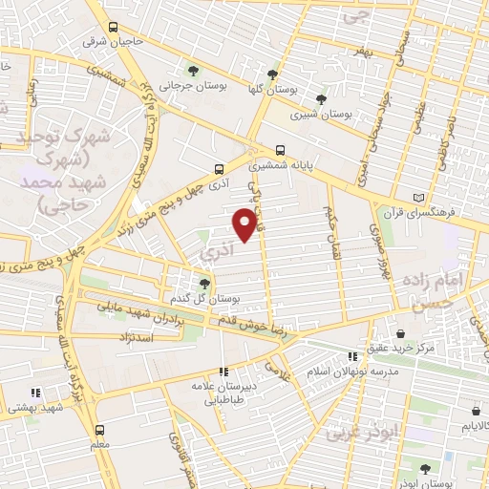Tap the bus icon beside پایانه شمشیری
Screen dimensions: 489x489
pos(280,150)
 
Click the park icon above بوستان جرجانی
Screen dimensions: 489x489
pos(194,71)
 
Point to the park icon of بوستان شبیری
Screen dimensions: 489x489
pos(321,98)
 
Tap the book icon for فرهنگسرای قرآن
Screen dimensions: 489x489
pos(417,197)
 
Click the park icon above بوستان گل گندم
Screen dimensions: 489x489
pos(203,283)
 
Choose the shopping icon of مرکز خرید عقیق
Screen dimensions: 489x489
pos(401,333)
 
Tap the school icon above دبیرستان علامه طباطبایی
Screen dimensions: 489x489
pos(223,372)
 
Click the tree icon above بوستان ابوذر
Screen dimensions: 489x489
pos(424,469)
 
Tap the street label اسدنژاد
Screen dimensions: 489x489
pos(133,338)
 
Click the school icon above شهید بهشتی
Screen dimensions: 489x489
pos(35,393)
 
